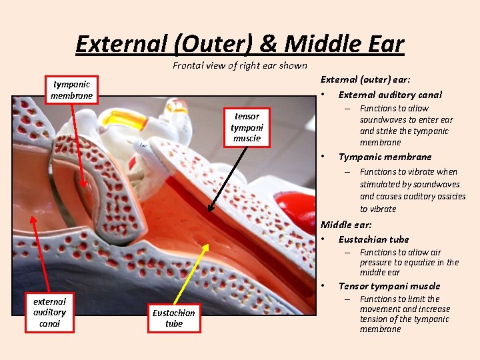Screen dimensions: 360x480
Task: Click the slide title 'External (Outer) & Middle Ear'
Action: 240,44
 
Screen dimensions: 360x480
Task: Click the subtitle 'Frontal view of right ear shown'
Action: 240,65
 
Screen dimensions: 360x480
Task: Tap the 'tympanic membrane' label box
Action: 72,90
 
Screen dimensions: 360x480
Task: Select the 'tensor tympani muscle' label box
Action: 247,127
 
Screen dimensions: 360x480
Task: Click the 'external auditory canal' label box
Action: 49,312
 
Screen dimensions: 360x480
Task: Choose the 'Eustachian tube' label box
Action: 173,318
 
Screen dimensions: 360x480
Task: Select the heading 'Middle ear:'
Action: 346,225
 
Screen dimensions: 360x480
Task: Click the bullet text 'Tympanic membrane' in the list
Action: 385,157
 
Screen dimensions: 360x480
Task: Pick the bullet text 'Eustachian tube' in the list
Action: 373,239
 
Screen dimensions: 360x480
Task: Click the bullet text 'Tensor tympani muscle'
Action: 389,286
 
